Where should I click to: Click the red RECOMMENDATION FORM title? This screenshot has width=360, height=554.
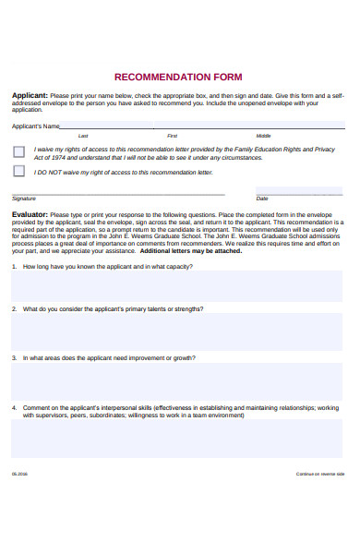pos(178,77)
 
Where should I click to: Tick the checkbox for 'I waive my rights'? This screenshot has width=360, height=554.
pos(19,151)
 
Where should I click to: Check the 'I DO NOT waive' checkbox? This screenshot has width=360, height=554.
pos(19,171)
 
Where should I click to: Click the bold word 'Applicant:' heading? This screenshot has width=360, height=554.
pos(30,95)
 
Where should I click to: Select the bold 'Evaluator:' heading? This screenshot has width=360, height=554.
pos(30,213)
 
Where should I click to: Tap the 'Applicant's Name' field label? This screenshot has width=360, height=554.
pos(36,126)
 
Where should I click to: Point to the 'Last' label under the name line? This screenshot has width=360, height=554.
pos(83,135)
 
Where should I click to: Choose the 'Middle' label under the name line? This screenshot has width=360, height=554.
pos(263,135)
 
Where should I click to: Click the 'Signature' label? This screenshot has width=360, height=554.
pos(25,198)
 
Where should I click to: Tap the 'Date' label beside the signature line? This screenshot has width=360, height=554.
pos(262,198)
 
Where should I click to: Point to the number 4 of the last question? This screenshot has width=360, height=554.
pos(14,407)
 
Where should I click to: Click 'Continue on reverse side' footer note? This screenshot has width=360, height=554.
pos(319,473)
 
